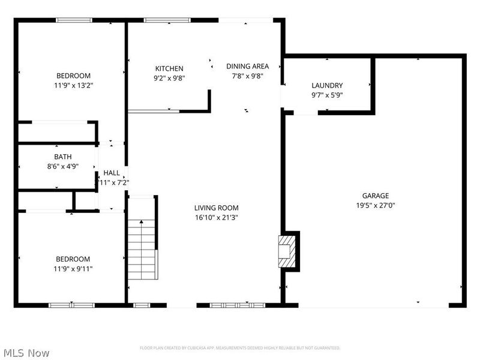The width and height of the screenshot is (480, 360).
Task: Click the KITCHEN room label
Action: click(169, 68)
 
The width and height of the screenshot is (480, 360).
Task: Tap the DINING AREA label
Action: click(247, 66)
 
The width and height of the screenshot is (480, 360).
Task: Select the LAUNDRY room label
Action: click(327, 86)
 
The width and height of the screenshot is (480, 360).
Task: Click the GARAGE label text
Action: click(375, 196)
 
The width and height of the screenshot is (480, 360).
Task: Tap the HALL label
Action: click(112, 173)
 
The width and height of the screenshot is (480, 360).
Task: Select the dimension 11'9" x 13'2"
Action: click(73, 85)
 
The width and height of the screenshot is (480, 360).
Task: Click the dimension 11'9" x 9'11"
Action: click(73, 269)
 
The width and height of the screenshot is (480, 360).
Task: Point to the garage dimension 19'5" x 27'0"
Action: click(375, 205)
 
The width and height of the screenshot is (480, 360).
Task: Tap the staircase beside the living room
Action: click(142, 249)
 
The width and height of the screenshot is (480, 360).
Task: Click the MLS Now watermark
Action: click(26, 353)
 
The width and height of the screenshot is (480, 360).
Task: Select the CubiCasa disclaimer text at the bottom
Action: click(240, 348)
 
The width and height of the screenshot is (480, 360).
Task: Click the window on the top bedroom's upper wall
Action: click(74, 20)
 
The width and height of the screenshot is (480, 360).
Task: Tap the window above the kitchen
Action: click(158, 20)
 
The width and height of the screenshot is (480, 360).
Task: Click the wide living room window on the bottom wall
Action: click(237, 305)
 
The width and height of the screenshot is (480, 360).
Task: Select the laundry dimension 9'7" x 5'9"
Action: click(327, 95)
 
